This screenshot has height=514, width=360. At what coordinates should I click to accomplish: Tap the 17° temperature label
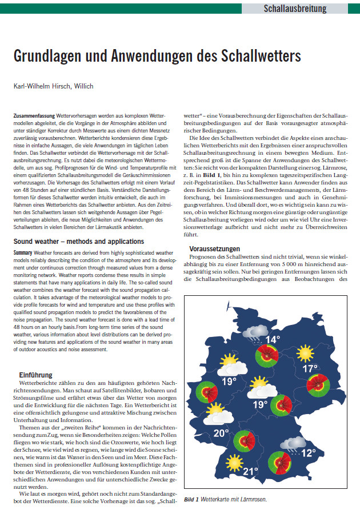pyautogui.click(x=310, y=369)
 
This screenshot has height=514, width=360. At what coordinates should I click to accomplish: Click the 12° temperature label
pyautogui.click(x=309, y=453)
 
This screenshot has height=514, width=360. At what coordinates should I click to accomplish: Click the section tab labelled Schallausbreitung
pyautogui.click(x=295, y=8)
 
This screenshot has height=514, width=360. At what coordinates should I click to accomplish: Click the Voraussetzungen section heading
pyautogui.click(x=215, y=248)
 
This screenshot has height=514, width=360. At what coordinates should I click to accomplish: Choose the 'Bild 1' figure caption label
pyautogui.click(x=191, y=499)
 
